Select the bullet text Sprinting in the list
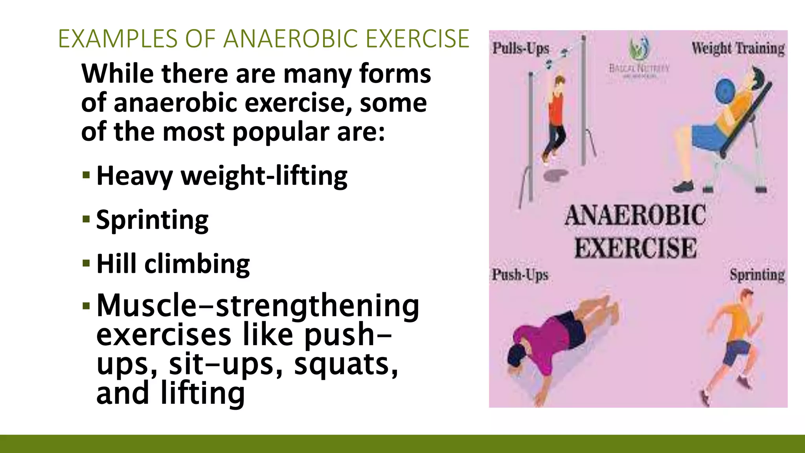(x=152, y=220)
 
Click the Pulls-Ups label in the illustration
(x=521, y=48)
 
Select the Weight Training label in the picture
(x=738, y=48)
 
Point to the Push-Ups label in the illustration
(x=520, y=274)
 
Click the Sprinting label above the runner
(x=757, y=274)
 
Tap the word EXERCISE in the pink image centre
(x=636, y=248)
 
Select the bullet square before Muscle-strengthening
(x=86, y=305)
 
